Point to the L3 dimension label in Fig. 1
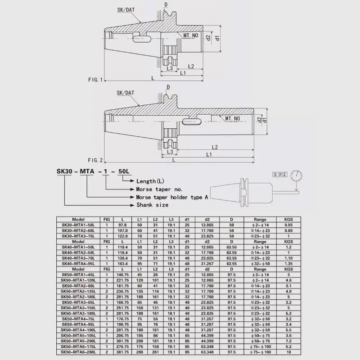click(x=170, y=68)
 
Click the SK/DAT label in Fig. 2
click(x=125, y=93)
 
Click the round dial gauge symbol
click(x=296, y=175)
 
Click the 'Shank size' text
click(x=152, y=205)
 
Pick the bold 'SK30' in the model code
click(x=65, y=171)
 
